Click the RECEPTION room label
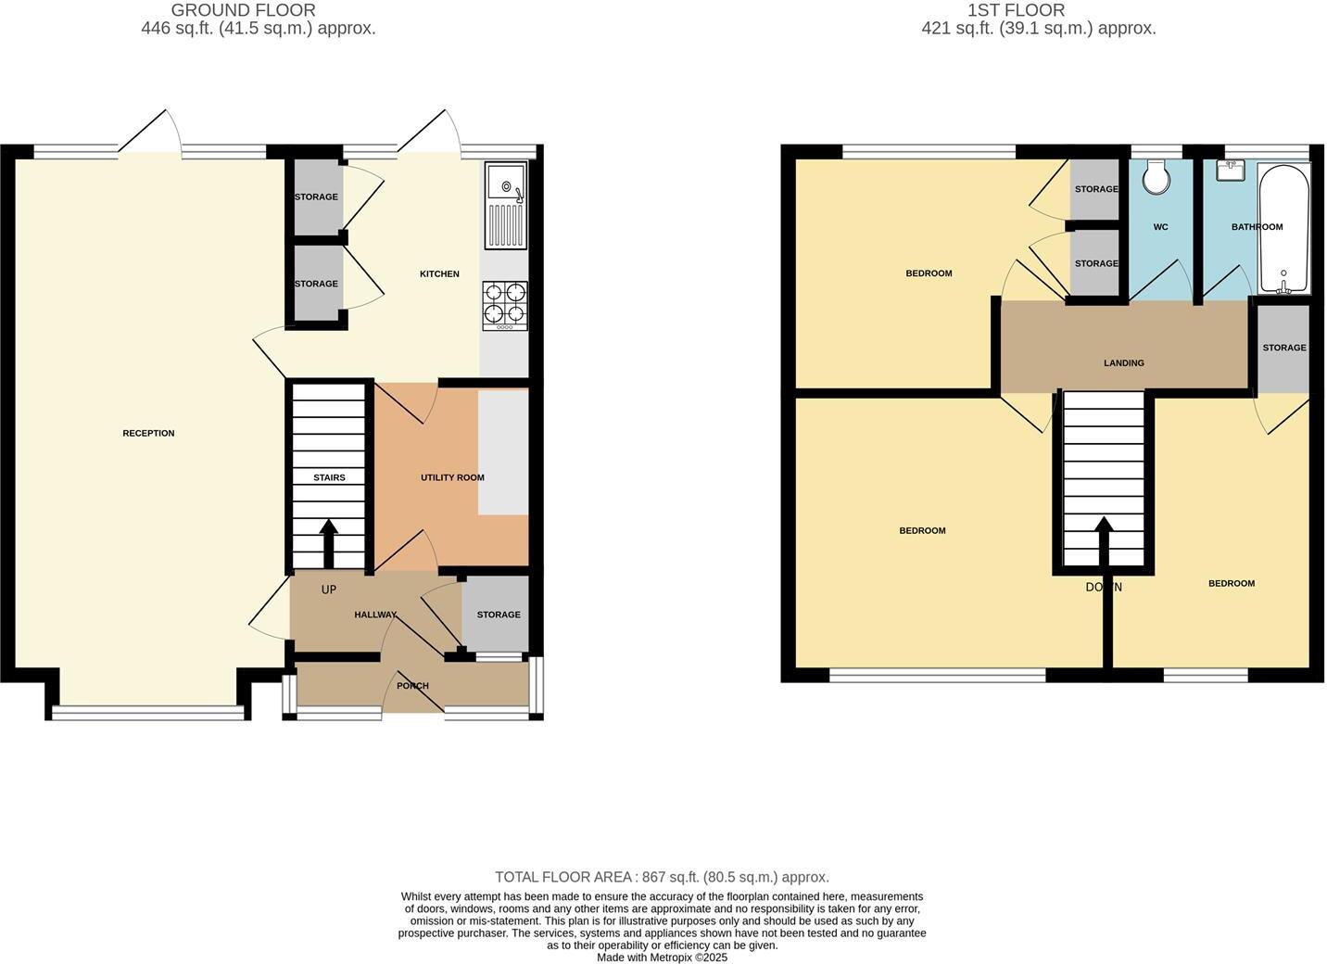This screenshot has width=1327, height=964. (x=148, y=433)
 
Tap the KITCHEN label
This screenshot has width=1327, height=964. (x=439, y=273)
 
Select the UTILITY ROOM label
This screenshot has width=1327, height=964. (x=452, y=477)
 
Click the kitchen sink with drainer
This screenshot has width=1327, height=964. (x=506, y=206)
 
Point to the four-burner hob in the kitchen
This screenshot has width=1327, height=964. (x=505, y=305)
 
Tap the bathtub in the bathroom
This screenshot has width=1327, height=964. (x=1283, y=228)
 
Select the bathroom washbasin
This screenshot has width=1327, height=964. (x=1232, y=171)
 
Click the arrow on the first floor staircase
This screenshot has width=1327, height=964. (x=1103, y=539)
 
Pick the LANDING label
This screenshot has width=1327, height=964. (x=1123, y=362)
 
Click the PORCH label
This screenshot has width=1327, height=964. (x=412, y=686)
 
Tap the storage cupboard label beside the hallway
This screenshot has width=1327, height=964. (x=499, y=615)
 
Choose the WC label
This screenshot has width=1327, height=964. (x=1160, y=227)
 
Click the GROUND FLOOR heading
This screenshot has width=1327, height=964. (x=243, y=10)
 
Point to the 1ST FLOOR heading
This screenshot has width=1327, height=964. (x=1016, y=10)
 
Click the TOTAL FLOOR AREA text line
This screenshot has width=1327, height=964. (x=662, y=877)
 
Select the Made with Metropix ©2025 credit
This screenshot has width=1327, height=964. (x=662, y=958)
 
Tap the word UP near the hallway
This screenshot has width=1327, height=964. (x=328, y=590)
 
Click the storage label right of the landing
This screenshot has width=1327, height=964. (x=1283, y=348)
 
